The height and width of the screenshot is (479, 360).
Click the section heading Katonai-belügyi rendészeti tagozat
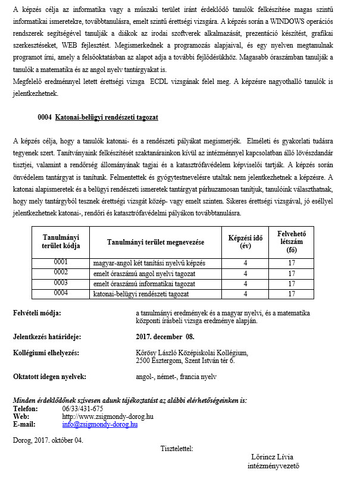(x=106, y=118)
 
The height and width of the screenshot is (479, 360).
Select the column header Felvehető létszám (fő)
(x=292, y=242)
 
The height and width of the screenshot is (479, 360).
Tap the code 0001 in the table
(x=61, y=262)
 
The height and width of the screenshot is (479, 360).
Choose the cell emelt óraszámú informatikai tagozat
(x=145, y=283)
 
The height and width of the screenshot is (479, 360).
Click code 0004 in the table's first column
(x=61, y=293)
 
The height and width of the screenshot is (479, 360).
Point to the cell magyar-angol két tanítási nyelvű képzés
(x=149, y=263)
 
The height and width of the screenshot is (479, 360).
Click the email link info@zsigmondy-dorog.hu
(x=100, y=425)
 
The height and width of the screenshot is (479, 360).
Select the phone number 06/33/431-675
(x=82, y=409)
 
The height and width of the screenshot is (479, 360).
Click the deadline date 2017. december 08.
(x=161, y=336)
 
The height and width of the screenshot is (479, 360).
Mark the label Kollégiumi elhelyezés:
(x=46, y=353)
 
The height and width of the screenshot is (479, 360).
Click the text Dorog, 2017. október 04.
(x=48, y=440)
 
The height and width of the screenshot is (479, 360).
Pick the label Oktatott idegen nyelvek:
(x=49, y=377)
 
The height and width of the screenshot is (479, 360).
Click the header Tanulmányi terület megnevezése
(x=156, y=242)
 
